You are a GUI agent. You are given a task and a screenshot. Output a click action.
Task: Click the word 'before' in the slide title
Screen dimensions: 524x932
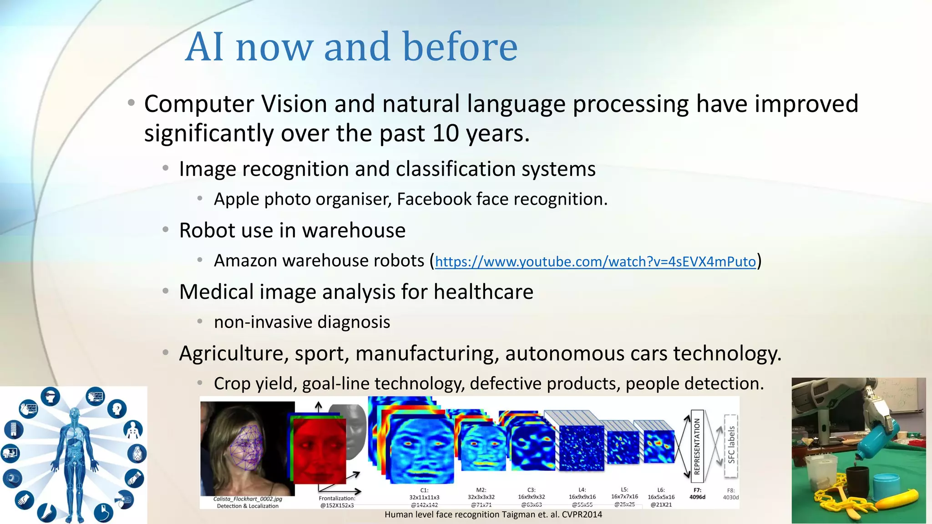click(460, 47)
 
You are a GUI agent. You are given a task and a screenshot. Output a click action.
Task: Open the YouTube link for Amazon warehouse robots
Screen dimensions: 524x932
click(595, 262)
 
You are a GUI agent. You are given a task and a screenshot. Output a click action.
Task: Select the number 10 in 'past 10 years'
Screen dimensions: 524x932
click(445, 133)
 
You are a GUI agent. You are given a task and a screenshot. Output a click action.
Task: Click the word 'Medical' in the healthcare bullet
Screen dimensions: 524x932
click(216, 292)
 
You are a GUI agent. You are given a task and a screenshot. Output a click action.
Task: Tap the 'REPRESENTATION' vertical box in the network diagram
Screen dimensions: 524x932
click(697, 446)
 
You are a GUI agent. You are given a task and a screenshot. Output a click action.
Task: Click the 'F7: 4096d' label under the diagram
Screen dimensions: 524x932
click(697, 494)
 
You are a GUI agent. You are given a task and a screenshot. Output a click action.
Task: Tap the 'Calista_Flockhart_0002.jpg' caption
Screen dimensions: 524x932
click(248, 499)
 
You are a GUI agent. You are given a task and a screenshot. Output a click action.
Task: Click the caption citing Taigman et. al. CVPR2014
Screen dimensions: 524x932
click(493, 515)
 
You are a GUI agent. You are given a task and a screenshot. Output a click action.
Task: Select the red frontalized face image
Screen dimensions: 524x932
click(319, 450)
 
